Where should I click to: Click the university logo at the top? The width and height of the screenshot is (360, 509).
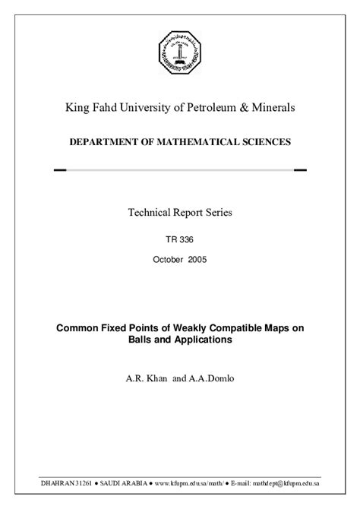(180, 52)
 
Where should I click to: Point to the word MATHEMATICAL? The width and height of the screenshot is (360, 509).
(190, 142)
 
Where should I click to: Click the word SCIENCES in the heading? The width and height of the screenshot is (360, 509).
(263, 142)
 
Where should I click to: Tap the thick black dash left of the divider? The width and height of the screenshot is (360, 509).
(62, 170)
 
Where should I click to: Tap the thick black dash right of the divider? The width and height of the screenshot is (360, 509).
(300, 170)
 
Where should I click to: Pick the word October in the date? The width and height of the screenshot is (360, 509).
(168, 259)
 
